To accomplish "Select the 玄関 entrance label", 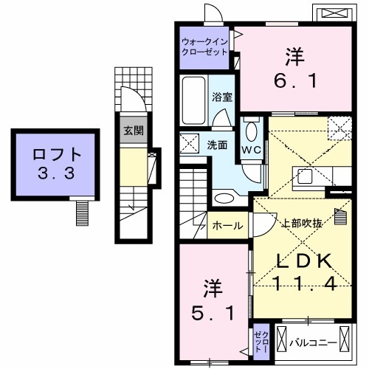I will (x=133, y=132).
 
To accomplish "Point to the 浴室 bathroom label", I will (x=221, y=97).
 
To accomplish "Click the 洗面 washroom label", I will (x=216, y=145).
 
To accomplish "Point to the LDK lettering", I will (x=298, y=259).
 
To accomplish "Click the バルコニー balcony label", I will (x=313, y=341).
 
